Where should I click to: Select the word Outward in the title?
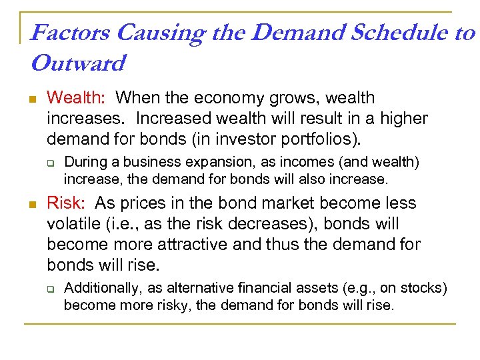78,64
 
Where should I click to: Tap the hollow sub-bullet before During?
49,163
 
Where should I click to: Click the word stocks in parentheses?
425,289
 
